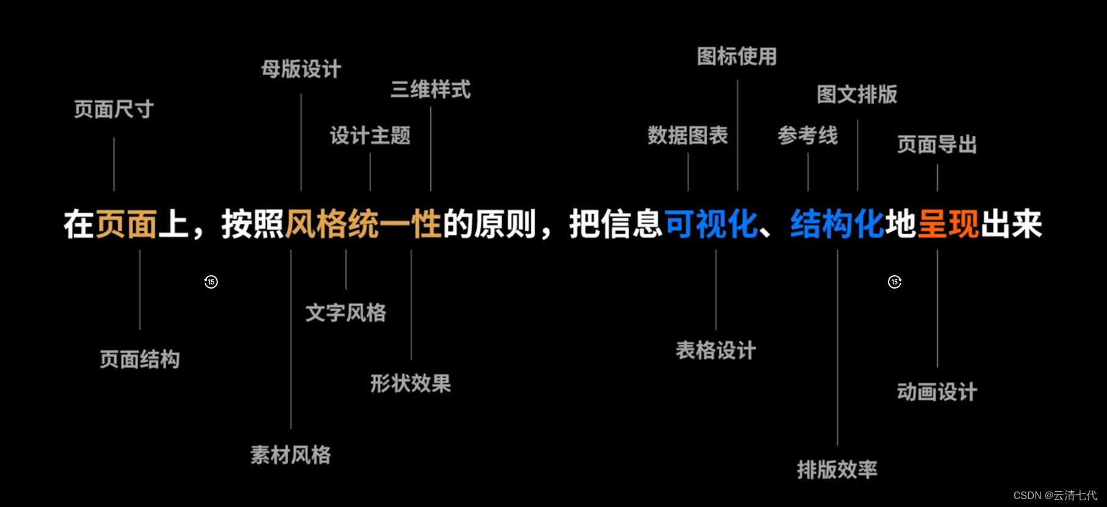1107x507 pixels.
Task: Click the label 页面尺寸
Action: (x=114, y=109)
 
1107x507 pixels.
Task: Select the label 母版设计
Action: (x=301, y=69)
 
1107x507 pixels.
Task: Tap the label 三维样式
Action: (x=431, y=90)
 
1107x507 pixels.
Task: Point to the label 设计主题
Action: (x=370, y=135)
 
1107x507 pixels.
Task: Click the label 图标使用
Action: (x=737, y=57)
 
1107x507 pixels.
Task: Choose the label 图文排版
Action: (x=857, y=95)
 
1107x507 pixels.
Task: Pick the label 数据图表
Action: (x=688, y=135)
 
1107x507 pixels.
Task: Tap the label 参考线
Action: (x=807, y=135)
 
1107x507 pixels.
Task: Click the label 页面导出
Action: (x=937, y=145)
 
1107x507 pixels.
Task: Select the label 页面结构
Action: (x=140, y=359)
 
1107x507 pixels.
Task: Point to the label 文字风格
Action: (x=345, y=313)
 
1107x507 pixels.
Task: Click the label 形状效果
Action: (x=410, y=384)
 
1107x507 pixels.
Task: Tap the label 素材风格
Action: (x=290, y=455)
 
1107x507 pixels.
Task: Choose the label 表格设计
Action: (x=716, y=351)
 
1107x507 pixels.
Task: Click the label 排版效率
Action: (x=837, y=470)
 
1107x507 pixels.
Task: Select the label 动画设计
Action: (x=937, y=392)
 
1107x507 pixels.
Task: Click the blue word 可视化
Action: (x=711, y=225)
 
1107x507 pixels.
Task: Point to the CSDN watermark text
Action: (x=1055, y=495)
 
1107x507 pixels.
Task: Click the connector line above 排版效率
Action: (x=837, y=348)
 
